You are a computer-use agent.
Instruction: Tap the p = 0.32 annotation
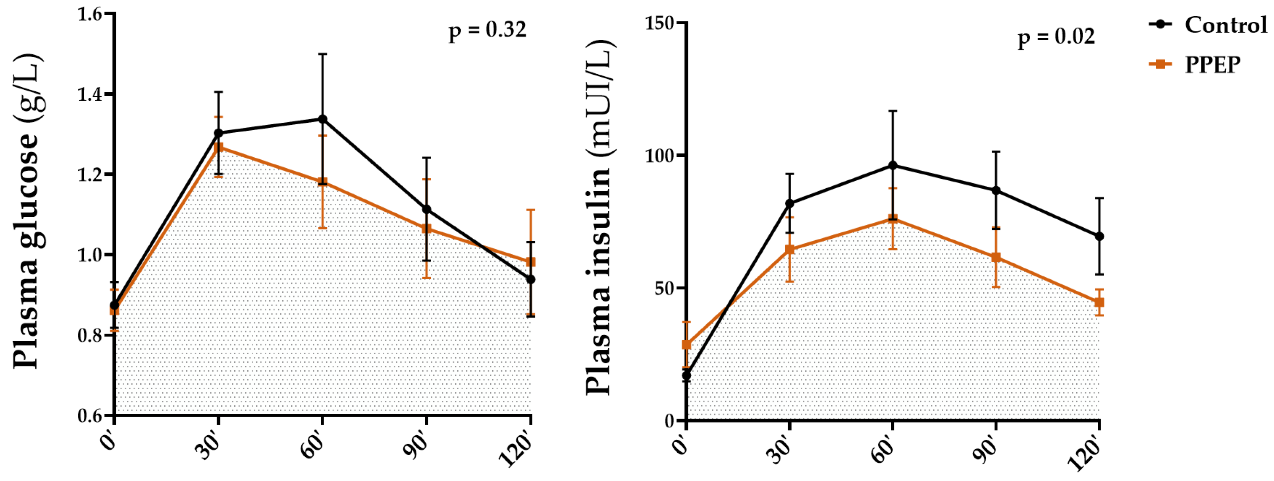pyautogui.click(x=487, y=31)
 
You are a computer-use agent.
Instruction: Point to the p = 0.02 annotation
pyautogui.click(x=1056, y=37)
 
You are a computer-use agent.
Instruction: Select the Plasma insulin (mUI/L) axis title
pyautogui.click(x=599, y=218)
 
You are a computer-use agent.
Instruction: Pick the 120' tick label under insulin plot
pyautogui.click(x=1085, y=453)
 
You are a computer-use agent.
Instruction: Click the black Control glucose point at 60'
pyautogui.click(x=322, y=119)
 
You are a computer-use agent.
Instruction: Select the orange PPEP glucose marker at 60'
pyautogui.click(x=322, y=182)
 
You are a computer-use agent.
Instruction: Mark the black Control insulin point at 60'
pyautogui.click(x=893, y=165)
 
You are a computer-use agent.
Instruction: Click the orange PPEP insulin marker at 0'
pyautogui.click(x=686, y=345)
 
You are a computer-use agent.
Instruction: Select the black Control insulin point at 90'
pyautogui.click(x=996, y=191)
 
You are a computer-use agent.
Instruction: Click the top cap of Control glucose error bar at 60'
pyautogui.click(x=322, y=54)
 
